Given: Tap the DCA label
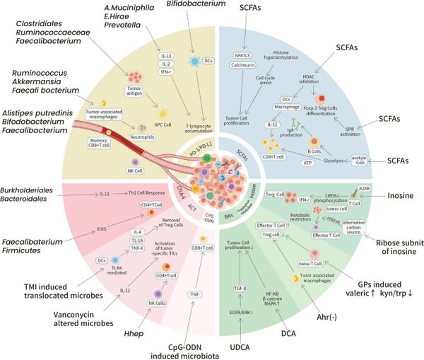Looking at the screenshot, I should (x=288, y=330).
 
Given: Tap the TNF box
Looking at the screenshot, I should (x=192, y=294).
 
